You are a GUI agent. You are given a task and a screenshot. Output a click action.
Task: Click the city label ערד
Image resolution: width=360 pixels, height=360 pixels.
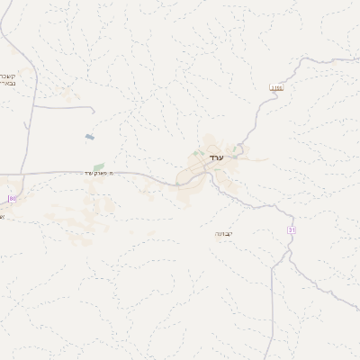click(x=216, y=158)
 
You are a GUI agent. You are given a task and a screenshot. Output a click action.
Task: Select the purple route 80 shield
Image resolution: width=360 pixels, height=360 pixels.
click(x=13, y=197)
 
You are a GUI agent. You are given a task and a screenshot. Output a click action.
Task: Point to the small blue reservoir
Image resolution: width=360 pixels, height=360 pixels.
click(x=89, y=137)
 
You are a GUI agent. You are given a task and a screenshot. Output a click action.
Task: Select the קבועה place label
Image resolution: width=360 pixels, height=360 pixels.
click(x=224, y=233)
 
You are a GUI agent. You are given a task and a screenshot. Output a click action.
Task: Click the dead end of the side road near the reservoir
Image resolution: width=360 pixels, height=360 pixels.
click(x=94, y=110)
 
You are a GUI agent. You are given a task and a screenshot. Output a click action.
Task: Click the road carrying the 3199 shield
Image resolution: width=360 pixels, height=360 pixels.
click(x=261, y=112)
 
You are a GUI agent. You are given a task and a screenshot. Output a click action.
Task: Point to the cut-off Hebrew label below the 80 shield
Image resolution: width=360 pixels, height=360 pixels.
click(x=3, y=216)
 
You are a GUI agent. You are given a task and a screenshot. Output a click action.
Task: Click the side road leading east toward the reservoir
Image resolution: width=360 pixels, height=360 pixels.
click(x=63, y=107)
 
